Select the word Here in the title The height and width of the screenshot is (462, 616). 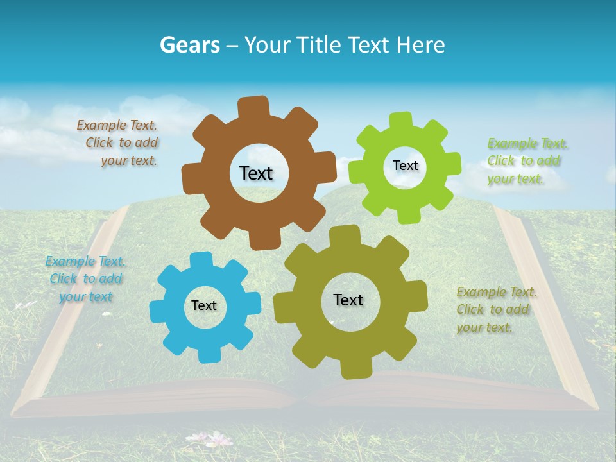(x=420, y=44)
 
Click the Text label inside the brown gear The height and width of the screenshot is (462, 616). (x=256, y=173)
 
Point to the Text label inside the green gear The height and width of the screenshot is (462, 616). (x=405, y=166)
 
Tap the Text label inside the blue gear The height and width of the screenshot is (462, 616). (x=204, y=305)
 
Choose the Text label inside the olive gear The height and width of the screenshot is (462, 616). (x=348, y=300)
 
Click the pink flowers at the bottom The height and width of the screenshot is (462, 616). (x=215, y=440)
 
